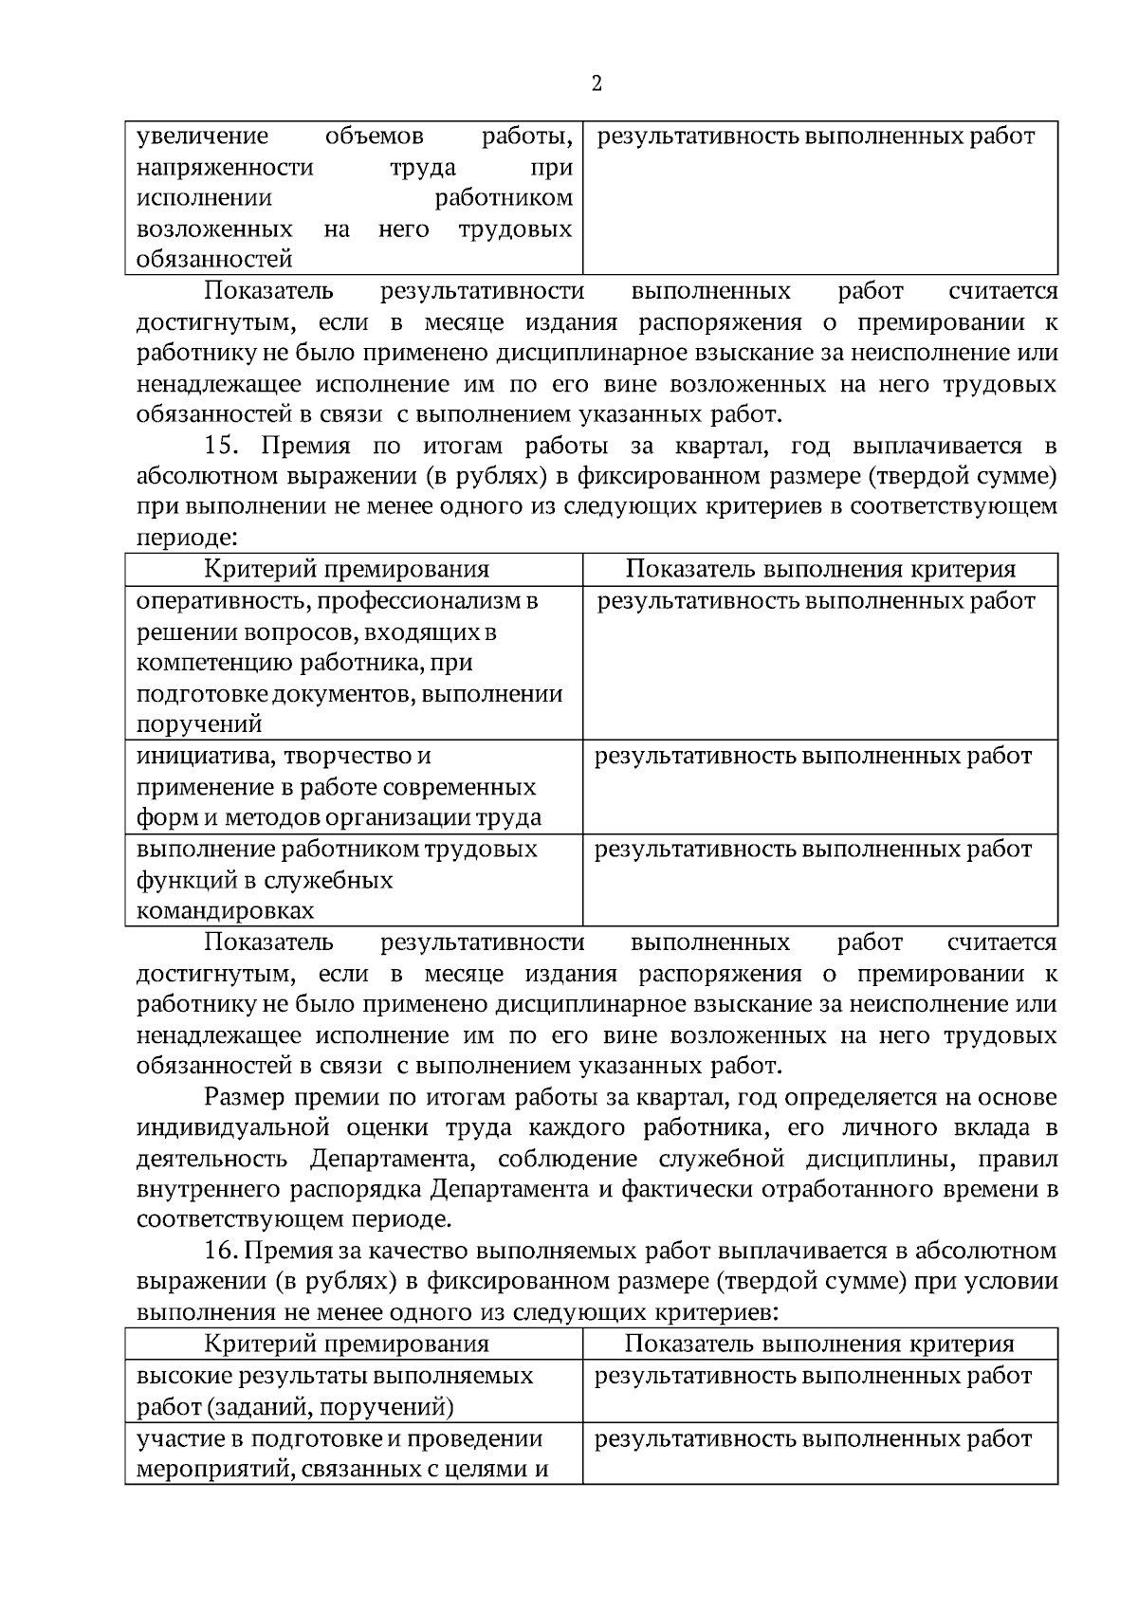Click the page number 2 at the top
(597, 84)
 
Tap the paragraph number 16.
(224, 1251)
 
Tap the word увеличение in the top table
(202, 137)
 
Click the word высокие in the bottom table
(179, 1376)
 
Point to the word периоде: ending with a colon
(187, 538)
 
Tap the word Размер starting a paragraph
(242, 1098)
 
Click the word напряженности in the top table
(225, 168)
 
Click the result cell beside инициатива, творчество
(813, 757)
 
